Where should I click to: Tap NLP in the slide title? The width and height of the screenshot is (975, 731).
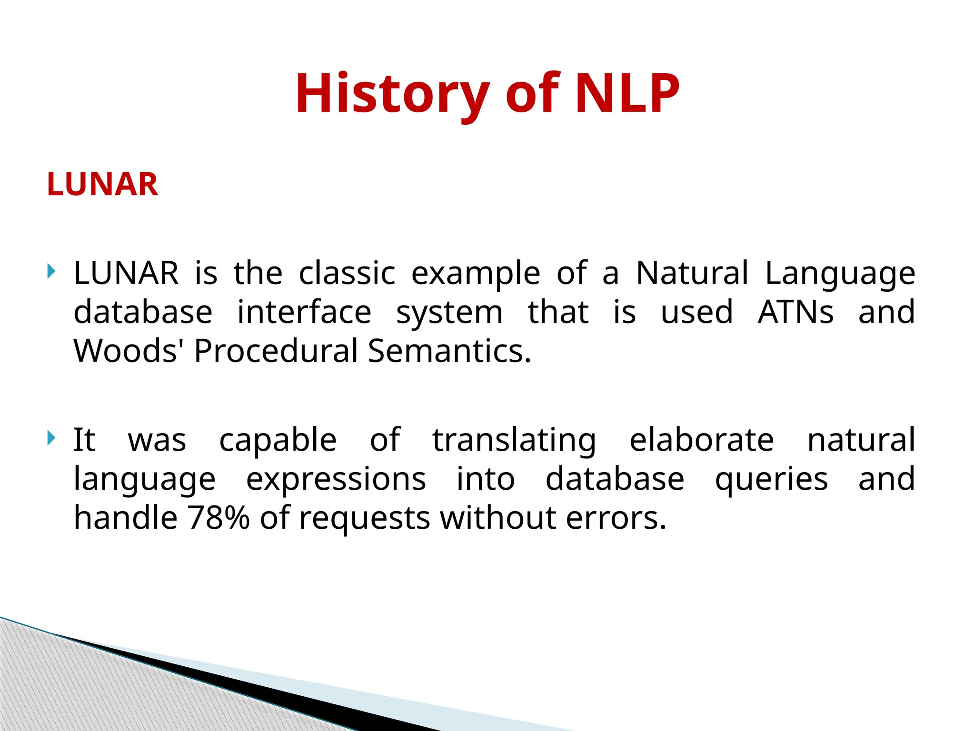point(627,93)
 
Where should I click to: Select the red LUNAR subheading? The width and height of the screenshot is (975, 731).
point(102,184)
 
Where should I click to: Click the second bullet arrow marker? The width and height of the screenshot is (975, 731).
point(51,438)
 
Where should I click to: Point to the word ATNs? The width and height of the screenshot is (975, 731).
point(796,312)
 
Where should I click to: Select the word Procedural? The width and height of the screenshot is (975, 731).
point(276,351)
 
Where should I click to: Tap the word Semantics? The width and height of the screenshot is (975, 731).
point(449,351)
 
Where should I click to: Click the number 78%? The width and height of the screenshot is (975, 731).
point(218,517)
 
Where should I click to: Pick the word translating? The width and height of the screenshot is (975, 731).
point(514,440)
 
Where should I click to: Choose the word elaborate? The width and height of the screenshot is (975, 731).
point(702,439)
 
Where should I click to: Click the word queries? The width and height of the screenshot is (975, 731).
point(772,480)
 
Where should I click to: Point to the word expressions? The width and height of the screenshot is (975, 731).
point(336,480)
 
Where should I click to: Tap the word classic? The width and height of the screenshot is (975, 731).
point(347,273)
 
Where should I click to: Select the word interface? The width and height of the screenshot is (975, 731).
point(304,312)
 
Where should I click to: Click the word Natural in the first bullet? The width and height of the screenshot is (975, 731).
point(692,273)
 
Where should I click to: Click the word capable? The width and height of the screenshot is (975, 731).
point(278,440)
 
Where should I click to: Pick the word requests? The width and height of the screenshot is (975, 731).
point(364,518)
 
